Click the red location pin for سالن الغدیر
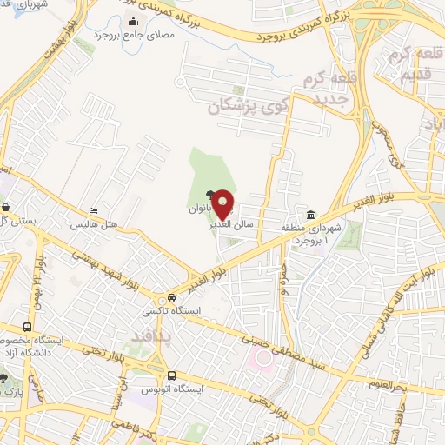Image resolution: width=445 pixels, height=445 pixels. [224, 203]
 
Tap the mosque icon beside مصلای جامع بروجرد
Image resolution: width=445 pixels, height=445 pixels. [132, 21]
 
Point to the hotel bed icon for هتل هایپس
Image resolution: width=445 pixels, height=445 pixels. [94, 210]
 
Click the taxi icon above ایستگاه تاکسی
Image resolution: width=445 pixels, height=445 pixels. [172, 297]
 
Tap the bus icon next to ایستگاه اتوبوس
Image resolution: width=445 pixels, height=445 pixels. [170, 375]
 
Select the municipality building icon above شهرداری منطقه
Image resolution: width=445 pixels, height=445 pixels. [310, 215]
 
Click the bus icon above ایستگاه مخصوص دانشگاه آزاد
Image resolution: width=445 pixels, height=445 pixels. [27, 328]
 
